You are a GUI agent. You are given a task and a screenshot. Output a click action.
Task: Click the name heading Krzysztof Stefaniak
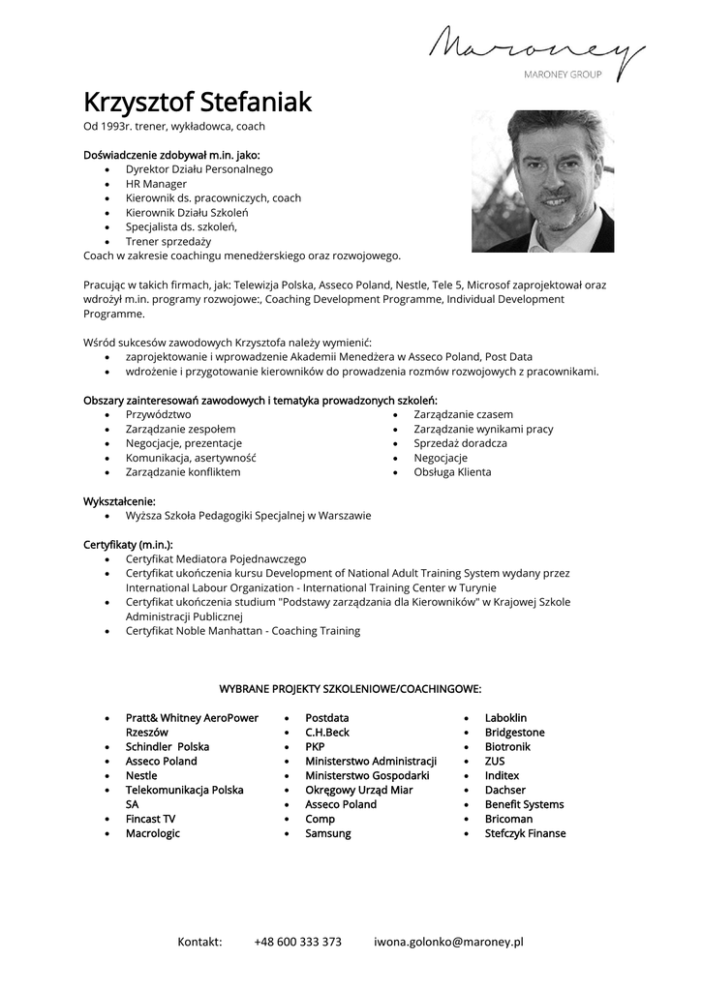[x=198, y=102]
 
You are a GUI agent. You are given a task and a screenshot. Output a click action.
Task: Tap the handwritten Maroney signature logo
[x=536, y=46]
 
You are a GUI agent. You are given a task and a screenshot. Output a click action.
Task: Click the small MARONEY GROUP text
[x=564, y=74]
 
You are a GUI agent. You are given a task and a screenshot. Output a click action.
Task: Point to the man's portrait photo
[x=542, y=181]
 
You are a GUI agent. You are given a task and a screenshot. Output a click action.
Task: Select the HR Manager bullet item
[x=156, y=183]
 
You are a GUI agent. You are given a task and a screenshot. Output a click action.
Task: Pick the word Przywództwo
[x=158, y=414]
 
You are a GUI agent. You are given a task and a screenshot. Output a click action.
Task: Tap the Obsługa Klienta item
[x=452, y=472]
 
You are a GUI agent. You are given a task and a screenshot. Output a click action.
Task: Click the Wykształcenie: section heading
[x=119, y=501]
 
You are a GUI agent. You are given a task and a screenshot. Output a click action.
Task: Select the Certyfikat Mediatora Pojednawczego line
[x=216, y=558]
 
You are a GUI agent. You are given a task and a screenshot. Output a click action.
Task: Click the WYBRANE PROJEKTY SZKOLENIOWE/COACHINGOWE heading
[x=351, y=689]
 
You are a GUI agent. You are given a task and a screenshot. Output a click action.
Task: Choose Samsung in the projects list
[x=328, y=833]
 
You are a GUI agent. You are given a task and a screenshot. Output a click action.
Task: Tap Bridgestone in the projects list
[x=515, y=733]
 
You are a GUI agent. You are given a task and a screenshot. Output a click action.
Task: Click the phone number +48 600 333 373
[x=298, y=942]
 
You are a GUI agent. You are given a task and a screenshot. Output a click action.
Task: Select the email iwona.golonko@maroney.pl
[x=448, y=942]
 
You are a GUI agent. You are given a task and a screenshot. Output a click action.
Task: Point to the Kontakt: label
[x=199, y=942]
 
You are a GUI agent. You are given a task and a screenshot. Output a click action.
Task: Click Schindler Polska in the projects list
[x=168, y=747]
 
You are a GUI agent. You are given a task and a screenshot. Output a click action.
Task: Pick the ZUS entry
[x=495, y=762]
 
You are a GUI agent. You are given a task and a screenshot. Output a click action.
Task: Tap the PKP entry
[x=315, y=747]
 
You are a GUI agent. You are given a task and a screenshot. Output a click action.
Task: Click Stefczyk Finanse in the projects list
[x=526, y=833]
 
